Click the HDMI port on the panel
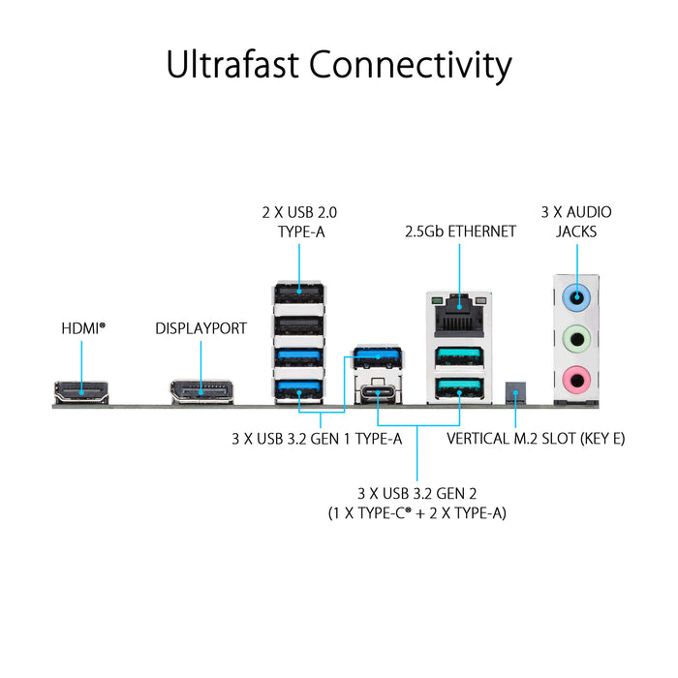(x=81, y=391)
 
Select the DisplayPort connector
(x=201, y=391)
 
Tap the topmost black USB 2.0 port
(x=299, y=292)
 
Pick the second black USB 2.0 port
(x=299, y=324)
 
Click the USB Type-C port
(x=378, y=393)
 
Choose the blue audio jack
(x=576, y=297)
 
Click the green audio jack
(x=576, y=338)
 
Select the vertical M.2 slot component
(x=515, y=393)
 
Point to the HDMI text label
(x=81, y=328)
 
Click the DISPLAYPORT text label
(x=200, y=328)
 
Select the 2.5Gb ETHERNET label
(x=459, y=231)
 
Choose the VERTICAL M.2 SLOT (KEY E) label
(x=536, y=438)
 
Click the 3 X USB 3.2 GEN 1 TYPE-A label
(x=317, y=438)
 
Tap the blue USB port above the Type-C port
(x=378, y=357)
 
